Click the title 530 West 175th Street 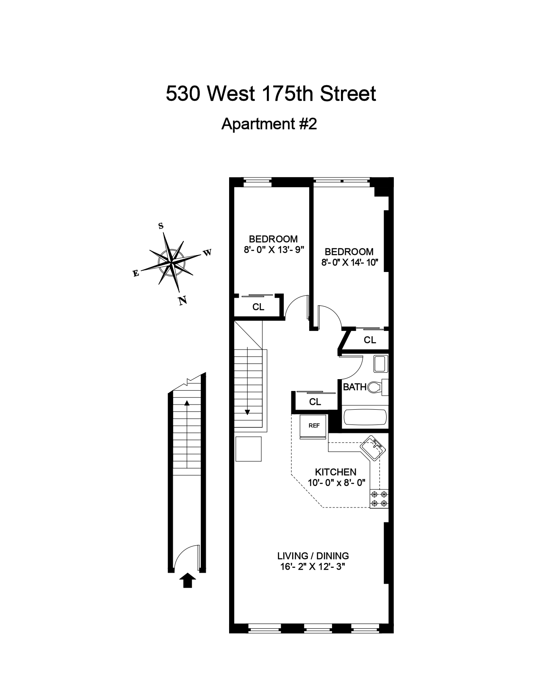pos(271,94)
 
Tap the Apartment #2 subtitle pos(269,124)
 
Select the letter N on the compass pos(183,301)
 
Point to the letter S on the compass pos(161,226)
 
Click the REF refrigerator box pos(314,427)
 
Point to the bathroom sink pos(381,364)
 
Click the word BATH pos(354,387)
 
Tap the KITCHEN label pos(335,472)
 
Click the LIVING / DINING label pos(313,555)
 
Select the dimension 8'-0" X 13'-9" pos(274,250)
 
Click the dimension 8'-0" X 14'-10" pos(349,262)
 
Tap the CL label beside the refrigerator pos(315,402)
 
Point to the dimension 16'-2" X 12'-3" pos(313,567)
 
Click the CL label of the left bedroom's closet pos(258,307)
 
